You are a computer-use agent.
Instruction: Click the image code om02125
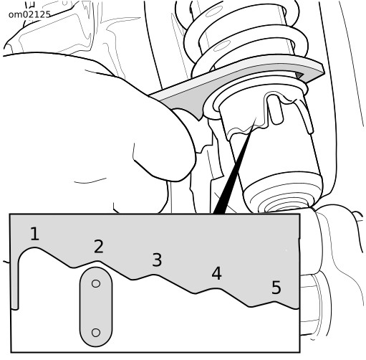[x=29, y=14]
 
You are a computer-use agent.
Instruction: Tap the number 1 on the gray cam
[x=34, y=234]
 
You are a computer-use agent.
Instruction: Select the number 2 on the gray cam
[x=99, y=247]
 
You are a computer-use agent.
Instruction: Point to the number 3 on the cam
[x=157, y=260]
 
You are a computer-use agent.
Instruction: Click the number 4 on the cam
[x=216, y=273]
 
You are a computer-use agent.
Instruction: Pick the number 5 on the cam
[x=276, y=288]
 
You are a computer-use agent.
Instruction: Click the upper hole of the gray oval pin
[x=96, y=283]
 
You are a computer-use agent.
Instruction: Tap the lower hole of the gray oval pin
[x=96, y=333]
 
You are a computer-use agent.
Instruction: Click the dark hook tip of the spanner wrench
[x=299, y=75]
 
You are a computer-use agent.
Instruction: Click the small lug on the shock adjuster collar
[x=275, y=110]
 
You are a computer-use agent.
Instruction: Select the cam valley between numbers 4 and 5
[x=250, y=306]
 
